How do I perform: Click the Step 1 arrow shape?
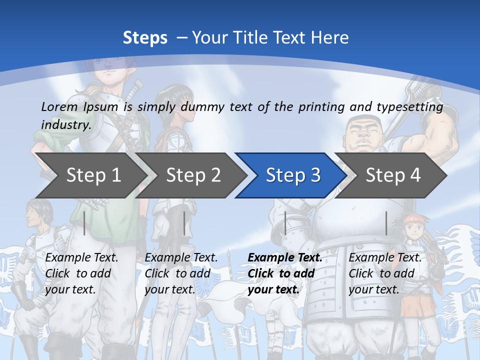pyautogui.click(x=92, y=175)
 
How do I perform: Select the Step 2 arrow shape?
pyautogui.click(x=192, y=175)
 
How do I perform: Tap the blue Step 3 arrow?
pyautogui.click(x=292, y=175)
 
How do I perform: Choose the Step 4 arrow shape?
pyautogui.click(x=392, y=175)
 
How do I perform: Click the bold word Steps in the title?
pyautogui.click(x=145, y=38)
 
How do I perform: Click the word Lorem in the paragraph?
pyautogui.click(x=59, y=106)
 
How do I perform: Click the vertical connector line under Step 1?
pyautogui.click(x=84, y=223)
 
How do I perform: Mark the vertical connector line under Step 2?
pyautogui.click(x=184, y=223)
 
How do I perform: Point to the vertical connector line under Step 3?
pyautogui.click(x=285, y=223)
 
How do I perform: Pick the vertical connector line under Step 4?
pyautogui.click(x=386, y=223)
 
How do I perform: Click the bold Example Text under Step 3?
pyautogui.click(x=285, y=258)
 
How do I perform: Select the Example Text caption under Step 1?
pyautogui.click(x=81, y=258)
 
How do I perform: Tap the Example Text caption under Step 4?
pyautogui.click(x=385, y=258)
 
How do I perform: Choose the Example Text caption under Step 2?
pyautogui.click(x=181, y=258)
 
